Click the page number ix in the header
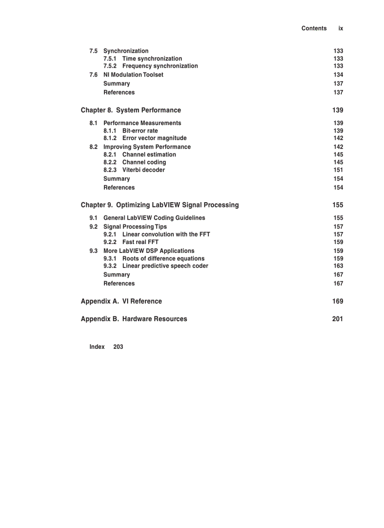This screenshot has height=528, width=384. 341,28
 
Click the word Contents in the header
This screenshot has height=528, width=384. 314,28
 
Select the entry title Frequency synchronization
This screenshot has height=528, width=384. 160,66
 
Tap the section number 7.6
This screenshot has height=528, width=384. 94,75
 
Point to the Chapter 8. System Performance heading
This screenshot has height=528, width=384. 131,110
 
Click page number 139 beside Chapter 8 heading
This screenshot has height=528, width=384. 337,110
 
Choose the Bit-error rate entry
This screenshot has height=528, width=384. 140,131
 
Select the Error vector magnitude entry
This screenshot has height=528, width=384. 154,138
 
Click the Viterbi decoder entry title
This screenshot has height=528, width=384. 144,170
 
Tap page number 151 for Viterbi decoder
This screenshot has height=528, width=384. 338,170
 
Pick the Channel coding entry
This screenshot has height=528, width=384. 144,162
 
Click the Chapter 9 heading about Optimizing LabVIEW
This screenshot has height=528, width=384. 160,205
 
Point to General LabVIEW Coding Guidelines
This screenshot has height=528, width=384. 154,218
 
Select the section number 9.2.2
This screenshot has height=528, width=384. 110,242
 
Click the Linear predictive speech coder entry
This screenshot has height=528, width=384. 165,266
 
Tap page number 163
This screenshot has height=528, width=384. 338,266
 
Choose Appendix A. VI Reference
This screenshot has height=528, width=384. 121,301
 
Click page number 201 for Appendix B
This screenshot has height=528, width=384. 337,319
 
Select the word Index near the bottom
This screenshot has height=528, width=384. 97,347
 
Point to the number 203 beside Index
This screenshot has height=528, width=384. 118,347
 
